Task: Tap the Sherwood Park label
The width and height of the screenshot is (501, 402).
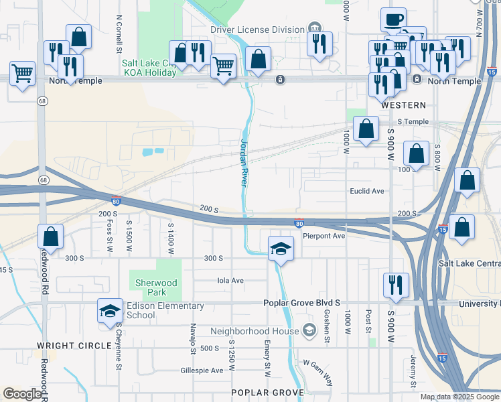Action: [x=157, y=287]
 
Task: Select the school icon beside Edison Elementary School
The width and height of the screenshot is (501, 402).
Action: [x=110, y=310]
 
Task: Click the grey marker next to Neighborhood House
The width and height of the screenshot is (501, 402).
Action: [x=309, y=330]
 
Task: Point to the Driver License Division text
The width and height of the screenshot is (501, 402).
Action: [x=257, y=29]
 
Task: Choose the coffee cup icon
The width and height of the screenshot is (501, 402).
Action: [x=393, y=19]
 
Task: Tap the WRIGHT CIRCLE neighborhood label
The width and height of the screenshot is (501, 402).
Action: [x=74, y=345]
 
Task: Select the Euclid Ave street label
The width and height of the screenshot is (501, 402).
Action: [x=367, y=191]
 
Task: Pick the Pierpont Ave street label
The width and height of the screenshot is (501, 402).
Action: [x=324, y=236]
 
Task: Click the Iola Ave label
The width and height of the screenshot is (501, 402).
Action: [x=230, y=281]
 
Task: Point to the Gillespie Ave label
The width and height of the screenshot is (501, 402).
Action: [x=202, y=370]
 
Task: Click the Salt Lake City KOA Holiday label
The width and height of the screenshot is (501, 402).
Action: [x=149, y=68]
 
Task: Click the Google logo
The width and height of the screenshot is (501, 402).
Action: [x=22, y=394]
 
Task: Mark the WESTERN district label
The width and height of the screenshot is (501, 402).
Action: [x=403, y=105]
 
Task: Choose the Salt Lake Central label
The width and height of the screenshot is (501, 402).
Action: [x=469, y=263]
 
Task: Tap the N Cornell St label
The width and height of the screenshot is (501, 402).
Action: [x=119, y=34]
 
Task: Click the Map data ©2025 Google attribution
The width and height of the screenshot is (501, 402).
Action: [x=459, y=397]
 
